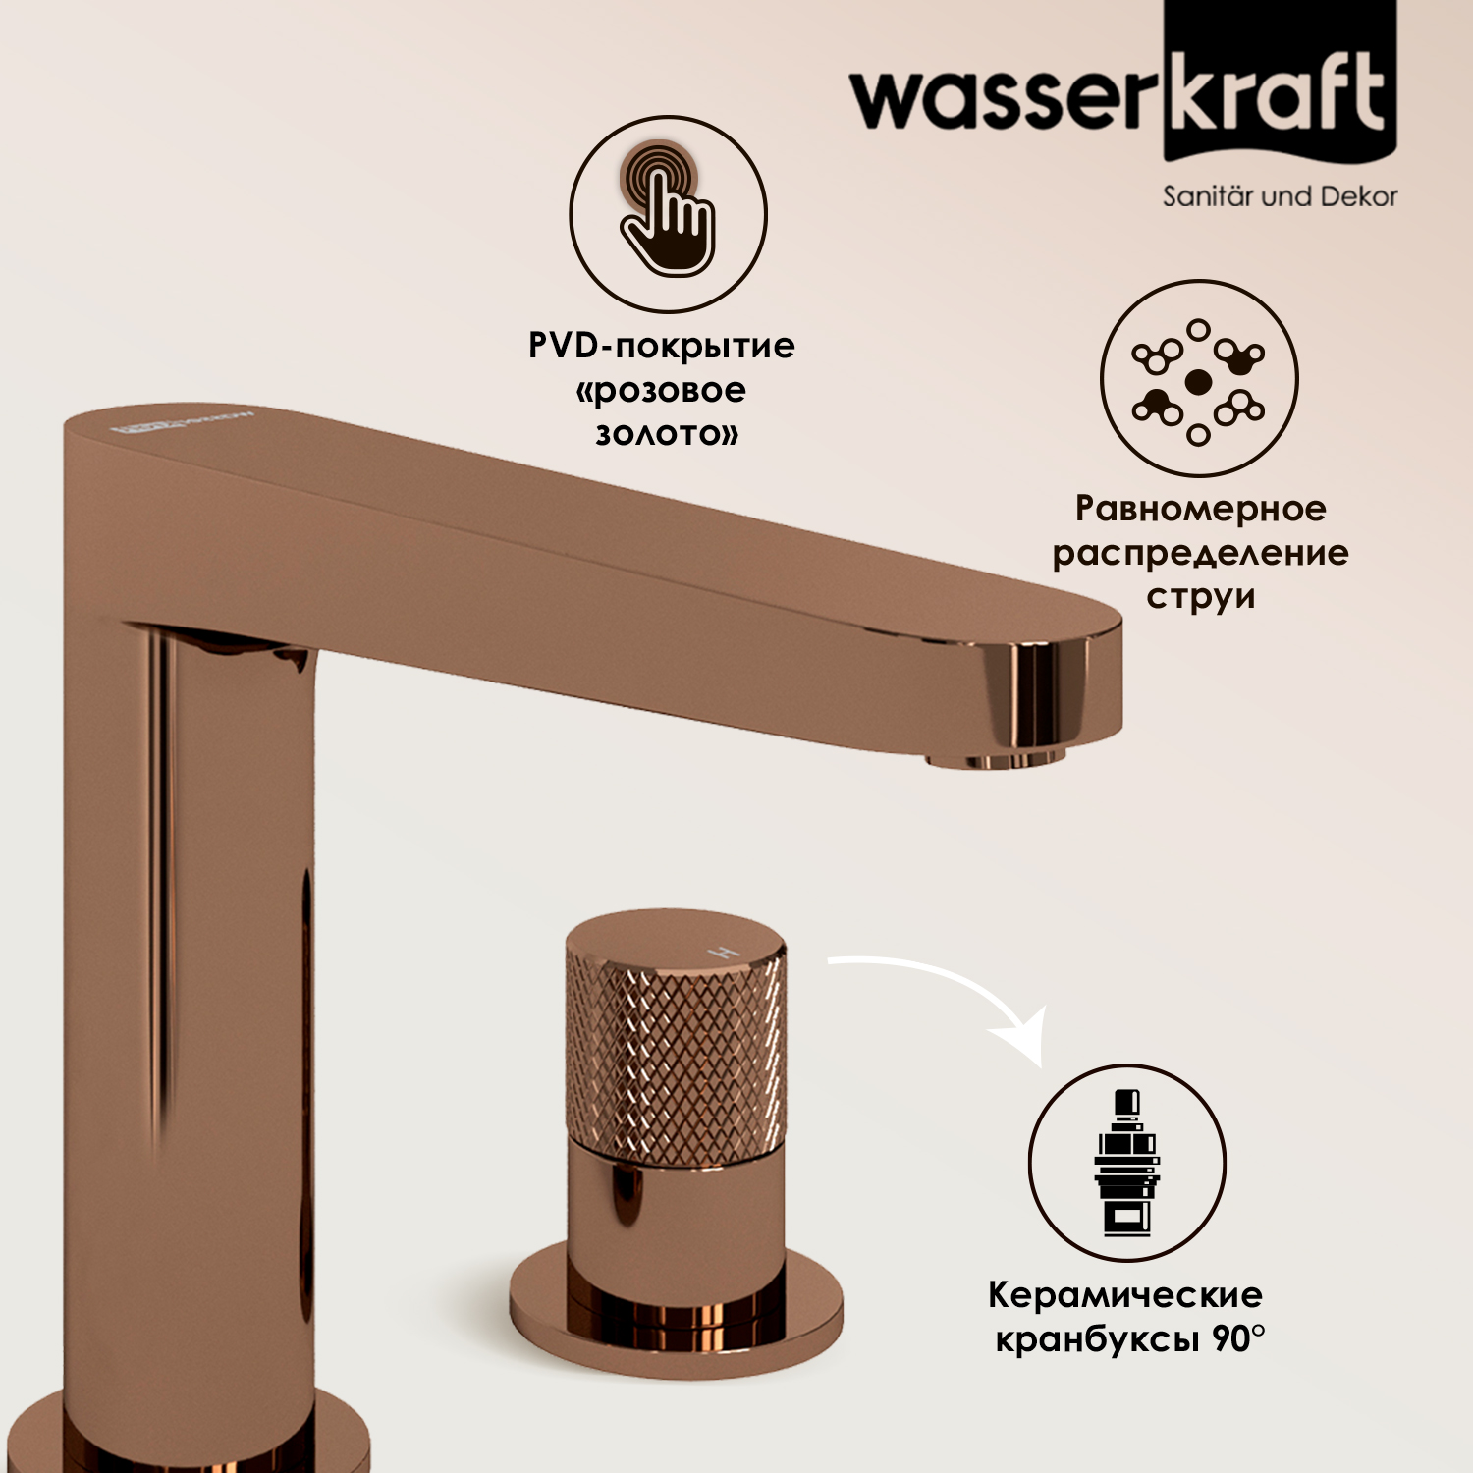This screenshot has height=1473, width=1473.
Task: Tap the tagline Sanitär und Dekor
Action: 1280,196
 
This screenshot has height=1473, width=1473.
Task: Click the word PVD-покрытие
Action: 662,346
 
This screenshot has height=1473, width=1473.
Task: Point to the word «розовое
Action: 661,390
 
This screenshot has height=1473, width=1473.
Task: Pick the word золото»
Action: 667,433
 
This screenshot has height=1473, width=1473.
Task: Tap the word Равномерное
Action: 1200,509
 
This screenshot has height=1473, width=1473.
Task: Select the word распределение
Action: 1200,553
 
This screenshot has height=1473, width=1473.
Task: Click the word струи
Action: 1201,597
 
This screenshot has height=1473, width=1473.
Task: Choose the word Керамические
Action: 1125,1295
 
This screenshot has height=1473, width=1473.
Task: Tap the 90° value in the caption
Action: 1239,1337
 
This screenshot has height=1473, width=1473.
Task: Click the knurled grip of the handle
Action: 676,1056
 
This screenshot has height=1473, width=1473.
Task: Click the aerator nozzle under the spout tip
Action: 995,760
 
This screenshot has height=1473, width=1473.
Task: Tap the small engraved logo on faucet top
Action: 182,422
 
